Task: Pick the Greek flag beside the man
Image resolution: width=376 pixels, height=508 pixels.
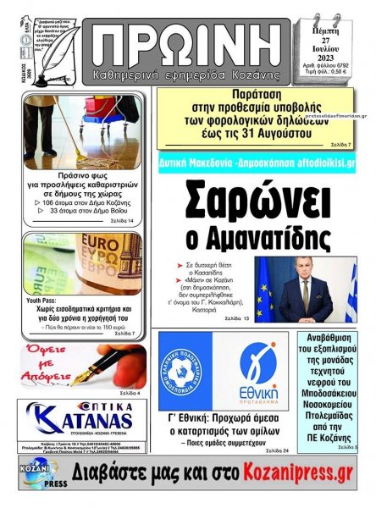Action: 348,292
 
